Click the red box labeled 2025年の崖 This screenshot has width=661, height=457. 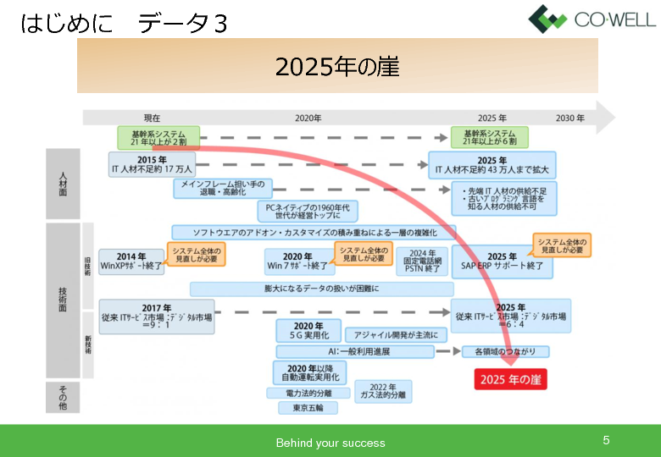coord(510,379)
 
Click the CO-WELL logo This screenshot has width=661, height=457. coord(592,18)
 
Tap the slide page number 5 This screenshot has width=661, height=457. coord(606,440)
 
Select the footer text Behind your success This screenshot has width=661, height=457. coord(330,443)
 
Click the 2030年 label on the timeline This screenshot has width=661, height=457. coord(570,118)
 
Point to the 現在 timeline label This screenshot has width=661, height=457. coord(152,118)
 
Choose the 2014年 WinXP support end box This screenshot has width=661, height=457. coord(131,261)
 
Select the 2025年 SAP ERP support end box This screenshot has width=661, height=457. coord(502,262)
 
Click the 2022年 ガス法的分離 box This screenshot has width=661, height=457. coord(383,390)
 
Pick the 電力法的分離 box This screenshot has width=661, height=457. coord(308,393)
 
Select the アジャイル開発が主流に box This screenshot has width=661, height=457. coord(396,335)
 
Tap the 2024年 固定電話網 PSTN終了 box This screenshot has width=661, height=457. coord(422,262)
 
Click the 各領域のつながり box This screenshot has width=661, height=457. coord(505,351)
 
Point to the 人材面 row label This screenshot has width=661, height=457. coord(63,183)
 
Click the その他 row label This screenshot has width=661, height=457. coord(63,396)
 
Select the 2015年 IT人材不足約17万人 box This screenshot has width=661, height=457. coord(152,164)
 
